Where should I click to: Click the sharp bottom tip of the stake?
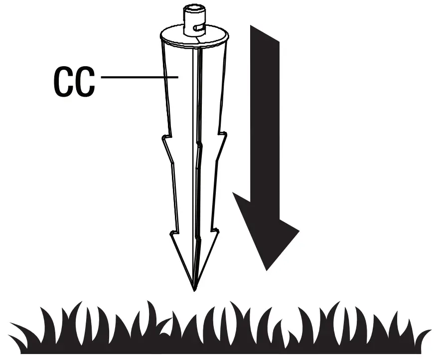[194, 290]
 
